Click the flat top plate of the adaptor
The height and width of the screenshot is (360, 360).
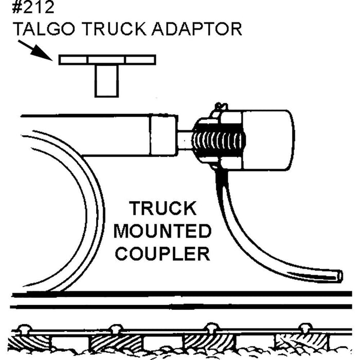click(106, 60)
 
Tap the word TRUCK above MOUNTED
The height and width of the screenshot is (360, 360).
click(163, 209)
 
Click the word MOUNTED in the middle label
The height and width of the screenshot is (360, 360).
click(163, 231)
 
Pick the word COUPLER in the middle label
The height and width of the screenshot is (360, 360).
click(163, 254)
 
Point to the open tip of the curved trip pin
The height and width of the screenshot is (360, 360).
click(338, 276)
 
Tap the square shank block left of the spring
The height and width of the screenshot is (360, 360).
click(165, 135)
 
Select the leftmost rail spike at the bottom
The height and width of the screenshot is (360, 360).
click(24, 328)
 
